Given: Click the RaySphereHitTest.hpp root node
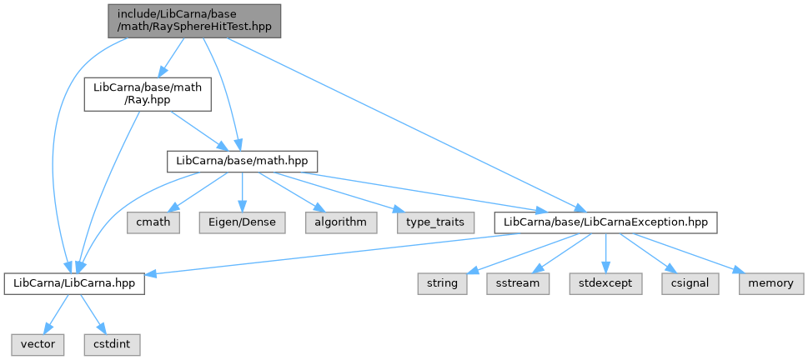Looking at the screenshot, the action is click(x=194, y=21).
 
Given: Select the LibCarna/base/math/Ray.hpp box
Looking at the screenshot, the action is click(x=148, y=94).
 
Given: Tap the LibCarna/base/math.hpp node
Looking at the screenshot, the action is click(x=242, y=161).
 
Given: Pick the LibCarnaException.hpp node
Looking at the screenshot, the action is click(x=605, y=222).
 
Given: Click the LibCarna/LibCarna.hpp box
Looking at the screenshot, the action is click(x=74, y=284).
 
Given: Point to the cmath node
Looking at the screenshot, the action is click(x=153, y=222).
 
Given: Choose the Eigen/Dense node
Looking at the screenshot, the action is click(x=242, y=222).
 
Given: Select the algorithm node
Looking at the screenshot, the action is click(x=341, y=222).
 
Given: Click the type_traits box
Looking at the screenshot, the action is click(x=435, y=222).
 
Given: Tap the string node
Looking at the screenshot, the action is click(x=443, y=284).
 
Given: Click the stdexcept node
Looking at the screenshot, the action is click(x=606, y=284).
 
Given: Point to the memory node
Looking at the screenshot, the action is click(x=771, y=284).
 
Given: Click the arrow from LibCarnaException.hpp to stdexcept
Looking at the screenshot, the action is click(x=605, y=253).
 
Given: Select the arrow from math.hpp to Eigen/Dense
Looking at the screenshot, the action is click(x=242, y=192).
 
